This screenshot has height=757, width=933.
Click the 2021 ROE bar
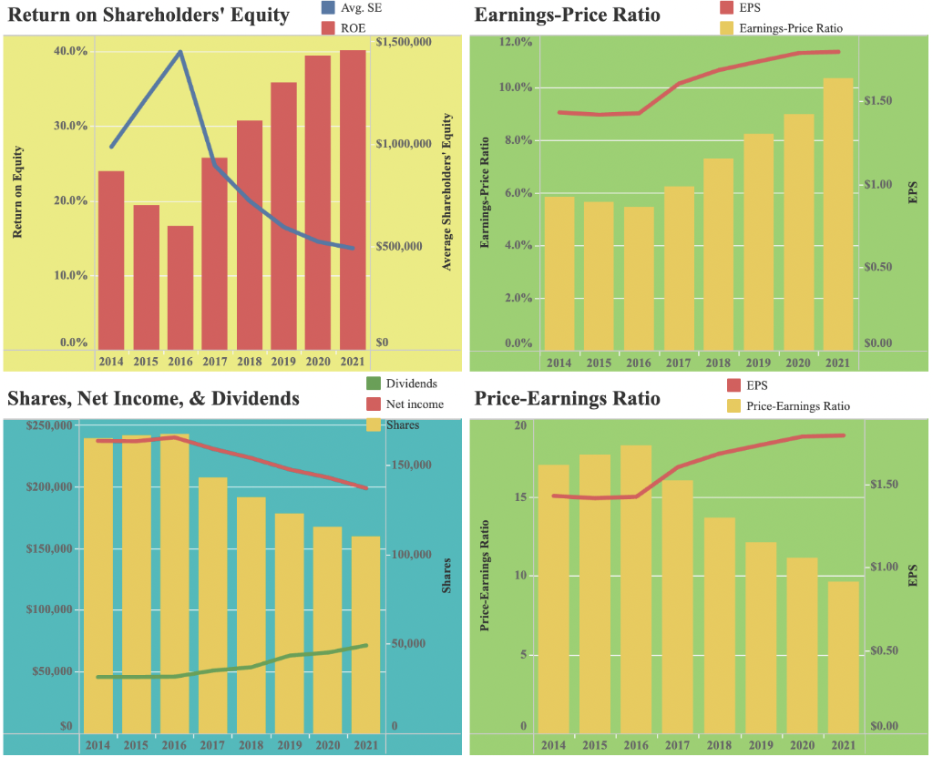(x=353, y=199)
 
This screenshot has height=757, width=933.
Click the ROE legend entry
(x=350, y=29)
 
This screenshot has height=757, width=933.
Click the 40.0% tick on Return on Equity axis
(x=70, y=51)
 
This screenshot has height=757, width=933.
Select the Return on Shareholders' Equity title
(x=149, y=15)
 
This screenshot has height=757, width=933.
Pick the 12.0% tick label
(x=516, y=42)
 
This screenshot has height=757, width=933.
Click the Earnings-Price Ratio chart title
(x=568, y=15)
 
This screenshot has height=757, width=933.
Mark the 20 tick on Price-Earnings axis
(x=520, y=425)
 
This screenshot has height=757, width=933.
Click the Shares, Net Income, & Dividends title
(x=153, y=398)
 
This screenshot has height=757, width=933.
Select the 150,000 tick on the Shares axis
(x=416, y=465)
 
